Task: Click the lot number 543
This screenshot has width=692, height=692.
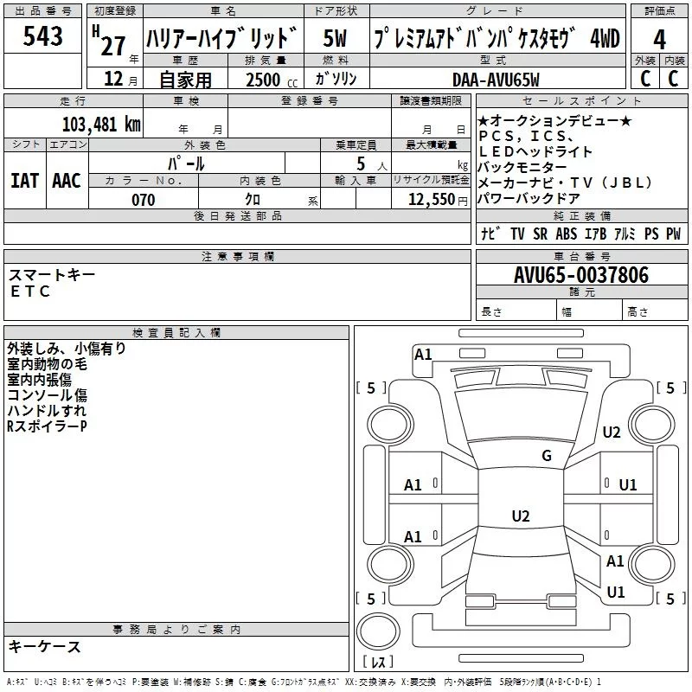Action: pyautogui.click(x=43, y=36)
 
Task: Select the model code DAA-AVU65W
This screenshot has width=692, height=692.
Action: pyautogui.click(x=496, y=80)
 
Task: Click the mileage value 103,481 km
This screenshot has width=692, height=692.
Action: pyautogui.click(x=101, y=124)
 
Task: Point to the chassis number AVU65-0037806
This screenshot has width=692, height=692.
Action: pyautogui.click(x=581, y=275)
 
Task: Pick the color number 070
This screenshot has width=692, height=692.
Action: pyautogui.click(x=143, y=200)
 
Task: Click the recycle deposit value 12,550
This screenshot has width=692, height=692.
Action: pyautogui.click(x=430, y=200)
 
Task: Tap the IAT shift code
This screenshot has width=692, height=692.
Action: pyautogui.click(x=24, y=180)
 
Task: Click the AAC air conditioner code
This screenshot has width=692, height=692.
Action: pyautogui.click(x=67, y=180)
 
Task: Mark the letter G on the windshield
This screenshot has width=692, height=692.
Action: pyautogui.click(x=547, y=456)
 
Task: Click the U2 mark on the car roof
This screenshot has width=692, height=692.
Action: pyautogui.click(x=520, y=516)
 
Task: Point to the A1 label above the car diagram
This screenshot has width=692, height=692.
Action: pyautogui.click(x=423, y=354)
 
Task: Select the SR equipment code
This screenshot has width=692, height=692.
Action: pyautogui.click(x=540, y=234)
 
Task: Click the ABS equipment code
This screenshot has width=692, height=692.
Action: pyautogui.click(x=567, y=234)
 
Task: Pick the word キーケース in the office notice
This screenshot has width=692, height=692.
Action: pyautogui.click(x=44, y=646)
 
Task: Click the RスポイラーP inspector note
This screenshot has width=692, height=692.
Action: pyautogui.click(x=47, y=426)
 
